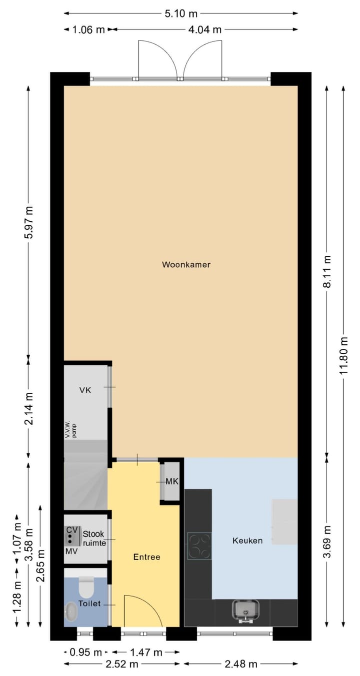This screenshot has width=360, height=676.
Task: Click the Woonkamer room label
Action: click(186, 264)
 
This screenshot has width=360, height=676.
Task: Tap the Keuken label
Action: click(247, 541)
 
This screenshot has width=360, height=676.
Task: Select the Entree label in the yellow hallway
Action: click(146, 557)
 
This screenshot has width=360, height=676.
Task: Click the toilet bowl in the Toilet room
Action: click(86, 588)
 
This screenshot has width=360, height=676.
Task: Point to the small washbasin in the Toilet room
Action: click(71, 611)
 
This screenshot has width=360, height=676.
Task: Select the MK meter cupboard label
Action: click(172, 482)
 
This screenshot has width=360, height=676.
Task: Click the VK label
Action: click(85, 390)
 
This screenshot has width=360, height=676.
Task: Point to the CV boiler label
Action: click(71, 529)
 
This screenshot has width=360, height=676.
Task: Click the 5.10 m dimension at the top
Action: click(181, 13)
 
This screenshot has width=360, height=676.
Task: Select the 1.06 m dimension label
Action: click(87, 29)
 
